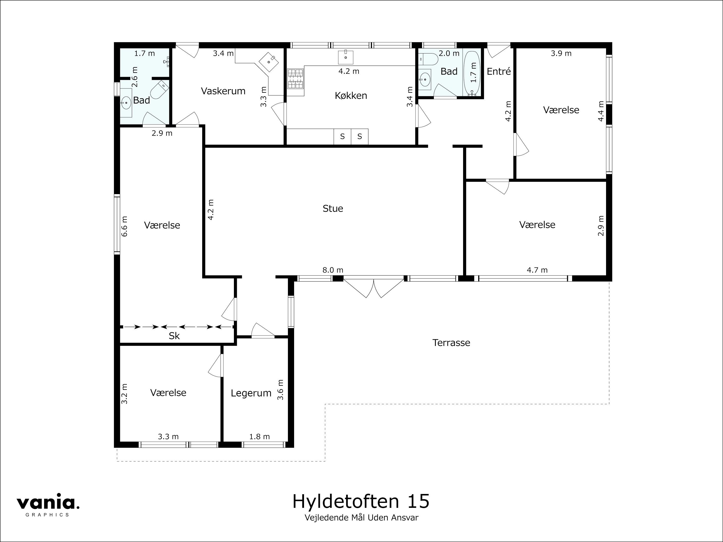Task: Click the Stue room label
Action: pos(333,208)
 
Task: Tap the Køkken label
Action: pos(351,96)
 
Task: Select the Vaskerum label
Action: pos(223,91)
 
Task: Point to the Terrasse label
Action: pos(451,343)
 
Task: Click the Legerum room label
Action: pos(251,393)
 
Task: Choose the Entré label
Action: pos(499,72)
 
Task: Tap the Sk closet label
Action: pos(174,336)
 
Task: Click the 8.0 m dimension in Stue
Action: pos(333,270)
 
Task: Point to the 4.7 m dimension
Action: pos(537,270)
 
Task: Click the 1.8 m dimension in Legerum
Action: pos(259,437)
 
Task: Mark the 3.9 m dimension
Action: pos(561,53)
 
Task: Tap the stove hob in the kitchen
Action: pos(296,79)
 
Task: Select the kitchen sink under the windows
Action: pos(345,57)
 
